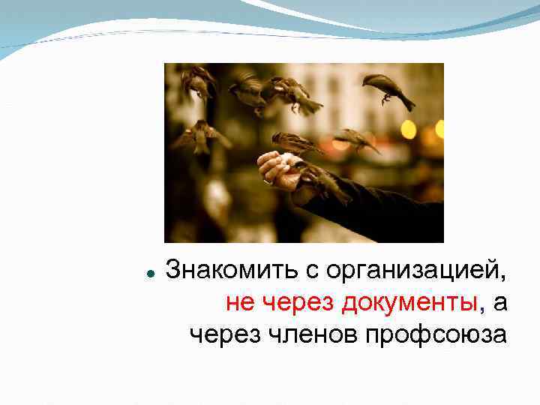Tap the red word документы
tap(409, 301)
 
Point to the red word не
tap(239, 301)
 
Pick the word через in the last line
tap(223, 334)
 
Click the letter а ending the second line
tap(499, 302)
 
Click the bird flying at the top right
tap(387, 89)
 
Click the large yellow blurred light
tap(409, 129)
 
